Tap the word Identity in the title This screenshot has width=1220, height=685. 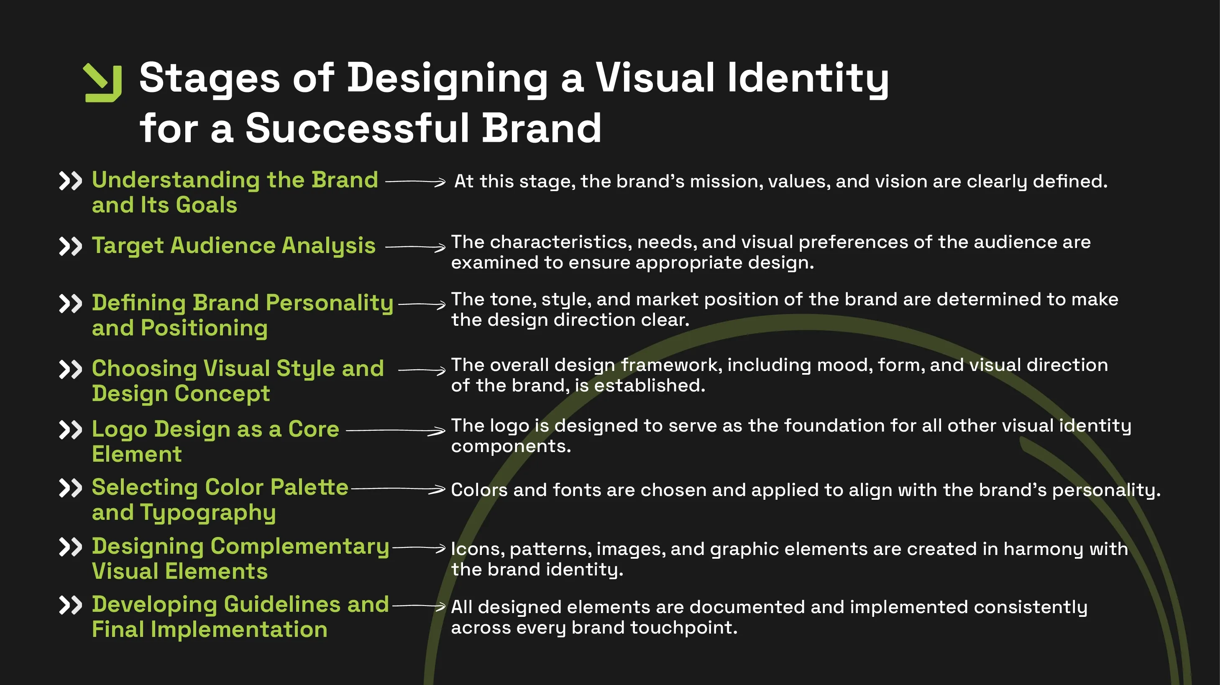[x=808, y=78]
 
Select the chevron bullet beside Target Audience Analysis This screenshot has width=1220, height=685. [x=71, y=246]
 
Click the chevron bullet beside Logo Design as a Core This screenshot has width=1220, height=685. [x=71, y=430]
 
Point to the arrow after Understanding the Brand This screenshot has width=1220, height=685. [x=415, y=181]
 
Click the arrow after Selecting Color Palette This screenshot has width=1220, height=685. [x=398, y=489]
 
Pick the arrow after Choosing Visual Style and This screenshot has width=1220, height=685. [x=422, y=370]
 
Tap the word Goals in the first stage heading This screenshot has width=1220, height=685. [x=207, y=205]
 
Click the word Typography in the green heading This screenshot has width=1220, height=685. [x=207, y=513]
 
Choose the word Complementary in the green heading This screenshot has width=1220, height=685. [x=299, y=547]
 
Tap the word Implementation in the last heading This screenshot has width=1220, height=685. [x=239, y=630]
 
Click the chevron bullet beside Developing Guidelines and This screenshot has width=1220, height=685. [x=71, y=605]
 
